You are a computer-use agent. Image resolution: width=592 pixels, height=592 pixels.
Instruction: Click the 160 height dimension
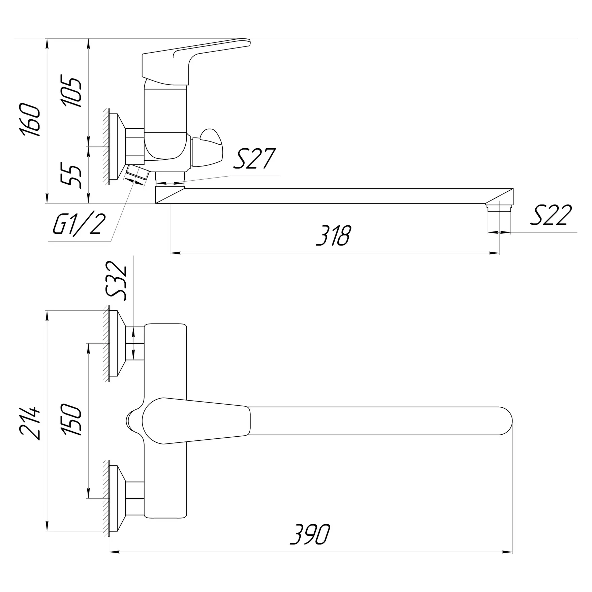coord(31,120)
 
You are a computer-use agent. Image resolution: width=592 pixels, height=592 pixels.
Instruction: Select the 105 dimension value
coord(71,92)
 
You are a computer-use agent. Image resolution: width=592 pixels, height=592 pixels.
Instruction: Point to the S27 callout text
coord(255,158)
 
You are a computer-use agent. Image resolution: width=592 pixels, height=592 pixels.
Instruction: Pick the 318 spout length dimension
coord(334,235)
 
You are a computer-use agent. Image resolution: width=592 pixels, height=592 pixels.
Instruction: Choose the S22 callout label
coord(551,215)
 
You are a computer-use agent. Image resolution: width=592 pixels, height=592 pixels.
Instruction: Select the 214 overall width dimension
coord(31,423)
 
